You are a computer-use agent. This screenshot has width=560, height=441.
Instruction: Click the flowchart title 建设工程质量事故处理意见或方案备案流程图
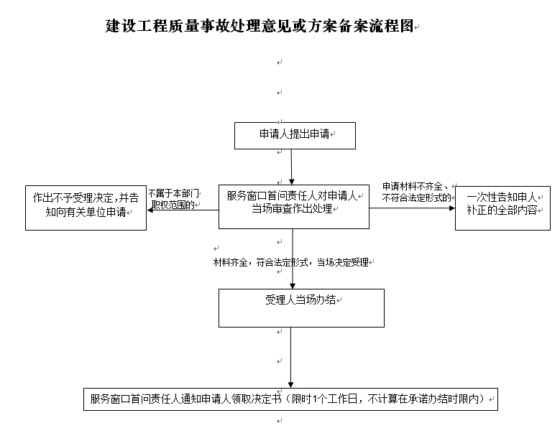point(260,26)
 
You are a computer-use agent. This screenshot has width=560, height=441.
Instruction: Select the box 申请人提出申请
point(295,136)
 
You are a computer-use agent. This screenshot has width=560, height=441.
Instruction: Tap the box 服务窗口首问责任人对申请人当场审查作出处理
point(294,207)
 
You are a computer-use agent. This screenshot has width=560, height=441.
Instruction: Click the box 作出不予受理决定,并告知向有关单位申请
point(86,208)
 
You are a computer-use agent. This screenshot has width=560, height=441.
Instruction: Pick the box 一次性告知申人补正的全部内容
point(502,208)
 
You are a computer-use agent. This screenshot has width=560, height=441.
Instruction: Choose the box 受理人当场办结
point(301,308)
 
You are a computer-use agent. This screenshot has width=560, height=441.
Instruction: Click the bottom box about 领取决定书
point(290,399)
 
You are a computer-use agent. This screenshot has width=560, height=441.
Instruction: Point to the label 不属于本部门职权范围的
point(173,199)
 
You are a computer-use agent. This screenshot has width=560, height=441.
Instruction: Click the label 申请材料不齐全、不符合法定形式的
point(417,192)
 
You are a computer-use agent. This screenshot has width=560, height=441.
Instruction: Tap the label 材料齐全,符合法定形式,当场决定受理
point(291,263)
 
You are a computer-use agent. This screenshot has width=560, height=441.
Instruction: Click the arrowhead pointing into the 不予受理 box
point(150,210)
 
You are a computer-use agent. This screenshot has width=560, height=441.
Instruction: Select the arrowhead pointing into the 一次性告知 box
point(451,208)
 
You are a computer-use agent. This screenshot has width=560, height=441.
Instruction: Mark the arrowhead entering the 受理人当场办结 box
point(293,286)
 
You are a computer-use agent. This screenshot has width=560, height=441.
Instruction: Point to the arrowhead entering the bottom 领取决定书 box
point(290,385)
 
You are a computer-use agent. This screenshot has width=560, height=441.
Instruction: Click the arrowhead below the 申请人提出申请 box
point(291,181)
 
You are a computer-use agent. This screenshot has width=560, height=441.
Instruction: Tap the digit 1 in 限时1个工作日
point(315,399)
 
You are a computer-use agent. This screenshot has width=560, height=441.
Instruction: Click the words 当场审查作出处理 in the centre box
point(292,209)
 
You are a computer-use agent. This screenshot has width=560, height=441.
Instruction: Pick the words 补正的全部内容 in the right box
point(502,210)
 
